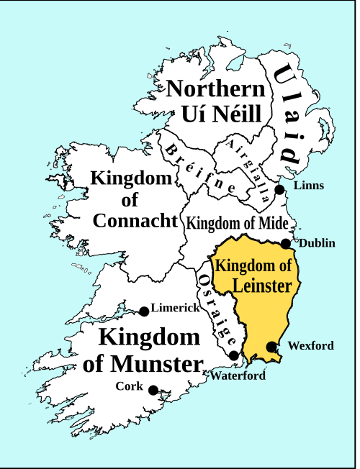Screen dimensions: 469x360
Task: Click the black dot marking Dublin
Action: (286, 243)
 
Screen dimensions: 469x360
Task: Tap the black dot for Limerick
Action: (144, 311)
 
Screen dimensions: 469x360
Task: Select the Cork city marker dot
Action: (153, 390)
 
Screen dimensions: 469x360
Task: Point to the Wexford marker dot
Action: (271, 347)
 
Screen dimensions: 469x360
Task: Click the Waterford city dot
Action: (234, 355)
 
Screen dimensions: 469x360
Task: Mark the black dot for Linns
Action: (280, 189)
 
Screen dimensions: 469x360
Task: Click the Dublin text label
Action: (316, 243)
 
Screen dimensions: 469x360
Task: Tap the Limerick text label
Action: (175, 308)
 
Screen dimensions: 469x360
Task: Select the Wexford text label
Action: (310, 346)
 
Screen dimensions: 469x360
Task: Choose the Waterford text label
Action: (238, 375)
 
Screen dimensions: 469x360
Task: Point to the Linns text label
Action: (309, 186)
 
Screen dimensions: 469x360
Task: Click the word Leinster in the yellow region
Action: (262, 286)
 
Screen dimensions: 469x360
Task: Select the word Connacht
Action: (135, 221)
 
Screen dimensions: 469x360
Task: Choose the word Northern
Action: (216, 90)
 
